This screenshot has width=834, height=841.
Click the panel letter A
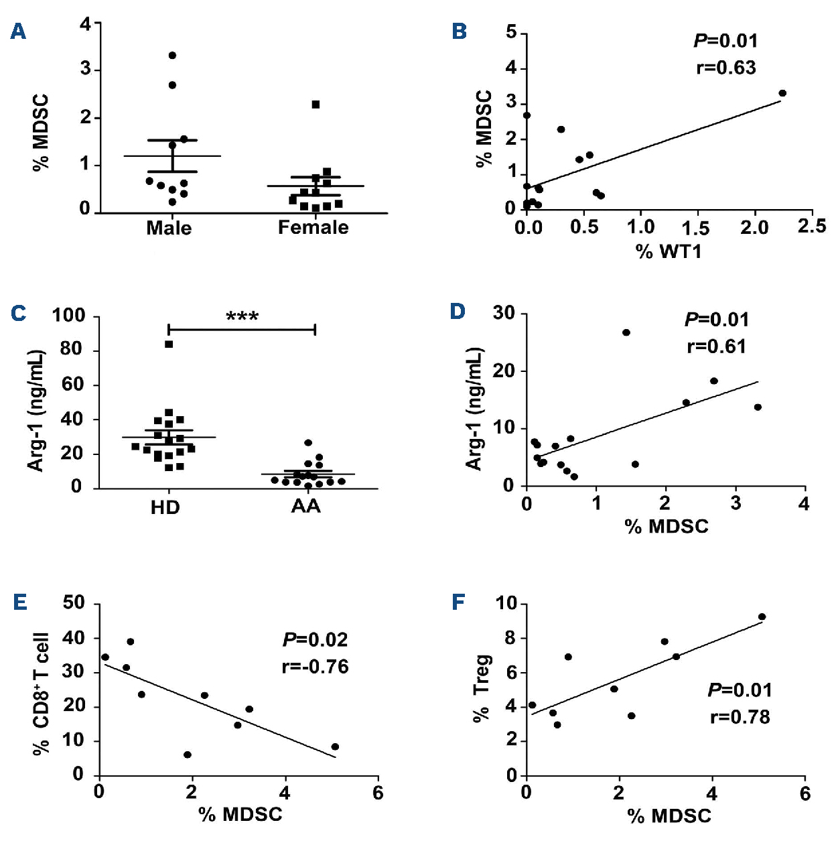[18, 31]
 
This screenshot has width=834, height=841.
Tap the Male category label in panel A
[169, 228]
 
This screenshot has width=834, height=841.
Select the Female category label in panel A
[313, 228]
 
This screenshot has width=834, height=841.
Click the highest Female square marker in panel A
[316, 105]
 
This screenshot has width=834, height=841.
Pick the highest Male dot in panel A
[172, 55]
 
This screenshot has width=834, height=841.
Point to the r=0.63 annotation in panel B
[725, 68]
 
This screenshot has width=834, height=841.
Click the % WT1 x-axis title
[668, 251]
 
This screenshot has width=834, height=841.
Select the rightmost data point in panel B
[782, 93]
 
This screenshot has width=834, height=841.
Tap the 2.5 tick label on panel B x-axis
[811, 227]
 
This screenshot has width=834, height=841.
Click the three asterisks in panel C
[242, 316]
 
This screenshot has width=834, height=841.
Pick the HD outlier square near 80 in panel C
[169, 344]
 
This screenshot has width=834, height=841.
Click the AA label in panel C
[305, 507]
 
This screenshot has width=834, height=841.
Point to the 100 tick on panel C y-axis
[68, 316]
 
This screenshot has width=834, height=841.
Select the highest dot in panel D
[626, 332]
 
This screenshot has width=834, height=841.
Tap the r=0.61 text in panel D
[716, 346]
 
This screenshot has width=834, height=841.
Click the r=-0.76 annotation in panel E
[315, 667]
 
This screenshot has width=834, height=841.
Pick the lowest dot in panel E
[188, 755]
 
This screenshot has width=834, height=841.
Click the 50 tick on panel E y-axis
[74, 603]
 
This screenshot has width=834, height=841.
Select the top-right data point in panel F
[762, 617]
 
